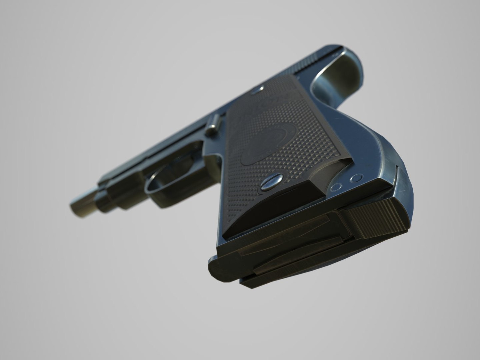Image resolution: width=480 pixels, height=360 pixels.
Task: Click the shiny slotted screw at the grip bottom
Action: point(272,183)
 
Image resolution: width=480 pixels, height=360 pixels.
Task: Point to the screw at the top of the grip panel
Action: point(257,89)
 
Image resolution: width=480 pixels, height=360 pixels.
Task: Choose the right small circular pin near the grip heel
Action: point(356,178)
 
